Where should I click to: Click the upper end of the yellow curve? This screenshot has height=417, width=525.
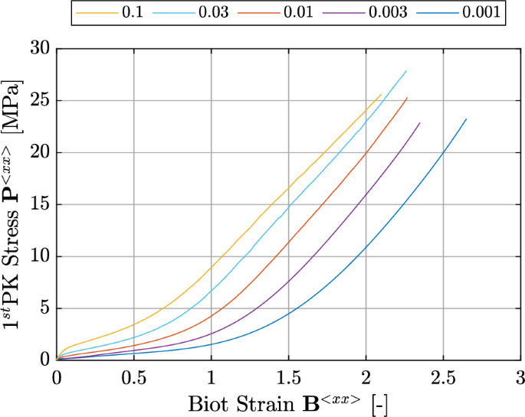click(380, 95)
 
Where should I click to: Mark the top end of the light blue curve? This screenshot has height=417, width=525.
click(405, 71)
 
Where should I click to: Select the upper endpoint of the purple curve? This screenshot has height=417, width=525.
click(419, 123)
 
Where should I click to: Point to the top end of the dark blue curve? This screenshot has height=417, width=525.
click(465, 119)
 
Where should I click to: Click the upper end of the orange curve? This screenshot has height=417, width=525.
click(407, 98)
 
